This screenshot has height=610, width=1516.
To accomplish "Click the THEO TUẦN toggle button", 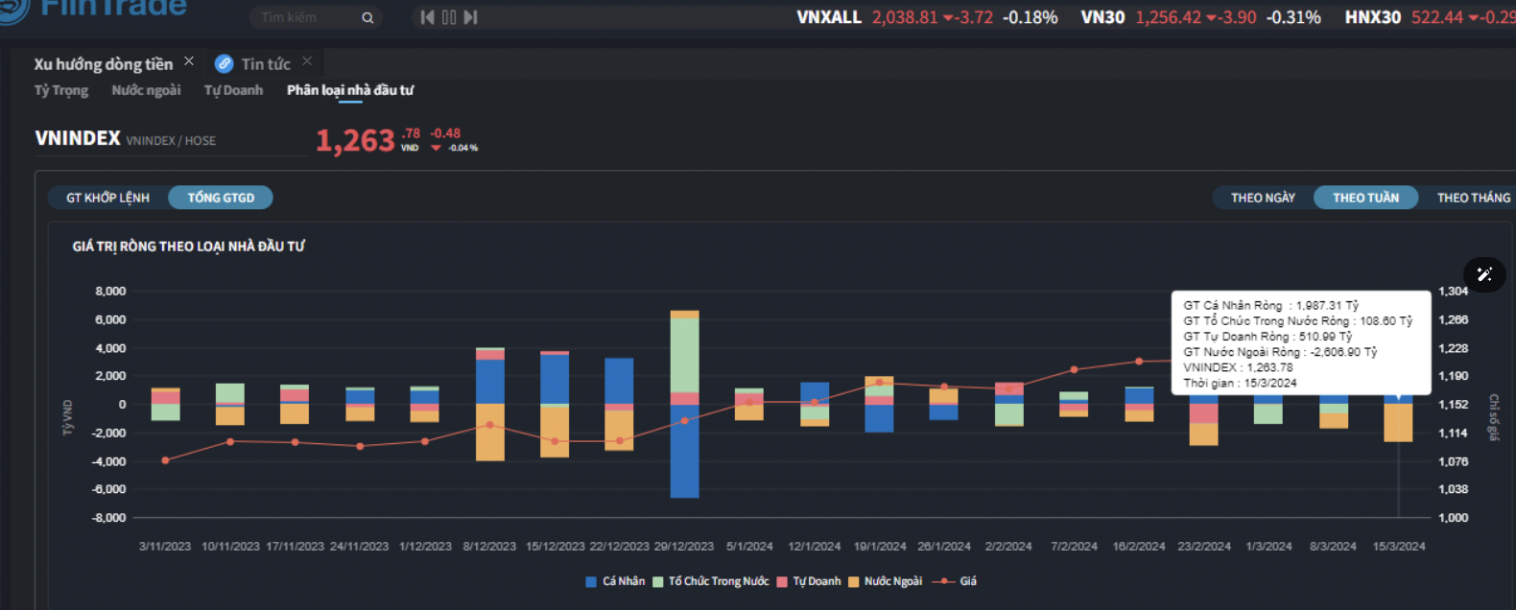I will pyautogui.click(x=1365, y=198).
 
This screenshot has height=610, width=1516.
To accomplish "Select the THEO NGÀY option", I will pyautogui.click(x=1263, y=198).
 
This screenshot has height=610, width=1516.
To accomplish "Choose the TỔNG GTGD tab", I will pyautogui.click(x=221, y=198).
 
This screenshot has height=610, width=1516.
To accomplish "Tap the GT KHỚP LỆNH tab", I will pyautogui.click(x=107, y=198).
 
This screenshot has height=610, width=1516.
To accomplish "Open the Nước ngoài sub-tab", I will pyautogui.click(x=146, y=90).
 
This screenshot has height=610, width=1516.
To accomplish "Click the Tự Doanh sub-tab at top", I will pyautogui.click(x=233, y=90).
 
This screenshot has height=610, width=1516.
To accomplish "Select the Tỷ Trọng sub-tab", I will pyautogui.click(x=61, y=90).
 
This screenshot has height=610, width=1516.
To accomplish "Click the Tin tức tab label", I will pyautogui.click(x=266, y=64).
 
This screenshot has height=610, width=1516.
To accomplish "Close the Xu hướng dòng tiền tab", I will pyautogui.click(x=189, y=61).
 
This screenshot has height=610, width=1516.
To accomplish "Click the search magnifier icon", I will pyautogui.click(x=367, y=17).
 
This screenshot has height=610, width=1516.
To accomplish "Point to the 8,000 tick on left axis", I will pyautogui.click(x=110, y=291).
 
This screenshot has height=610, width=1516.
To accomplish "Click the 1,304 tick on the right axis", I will pyautogui.click(x=1453, y=291).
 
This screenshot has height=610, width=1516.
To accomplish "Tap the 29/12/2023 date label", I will pyautogui.click(x=684, y=546).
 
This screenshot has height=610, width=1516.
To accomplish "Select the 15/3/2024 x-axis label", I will pyautogui.click(x=1399, y=546).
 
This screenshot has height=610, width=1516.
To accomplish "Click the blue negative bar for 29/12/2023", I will pyautogui.click(x=684, y=451).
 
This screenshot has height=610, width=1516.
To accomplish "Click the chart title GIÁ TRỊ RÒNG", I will pyautogui.click(x=189, y=246).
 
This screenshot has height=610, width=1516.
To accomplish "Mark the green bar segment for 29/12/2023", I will pyautogui.click(x=684, y=355).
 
